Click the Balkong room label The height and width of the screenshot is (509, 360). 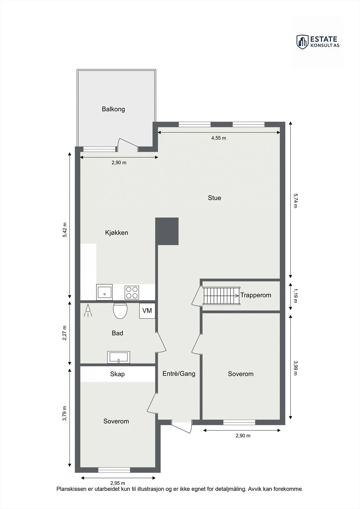pyautogui.click(x=113, y=109)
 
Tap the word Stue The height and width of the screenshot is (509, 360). pyautogui.click(x=215, y=198)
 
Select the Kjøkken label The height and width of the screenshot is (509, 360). pyautogui.click(x=116, y=233)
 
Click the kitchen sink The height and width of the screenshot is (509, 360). pyautogui.click(x=104, y=292)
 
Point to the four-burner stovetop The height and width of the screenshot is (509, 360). pyautogui.click(x=132, y=292)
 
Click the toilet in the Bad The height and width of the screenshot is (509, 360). pyautogui.click(x=120, y=310)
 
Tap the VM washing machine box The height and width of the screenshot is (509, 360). pyautogui.click(x=147, y=310)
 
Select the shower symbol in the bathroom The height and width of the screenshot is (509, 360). pyautogui.click(x=88, y=310)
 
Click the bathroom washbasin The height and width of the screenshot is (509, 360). pyautogui.click(x=119, y=357)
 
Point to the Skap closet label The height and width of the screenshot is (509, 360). pyautogui.click(x=117, y=374)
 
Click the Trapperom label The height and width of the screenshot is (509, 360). pyautogui.click(x=256, y=295)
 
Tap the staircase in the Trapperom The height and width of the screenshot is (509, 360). pyautogui.click(x=222, y=296)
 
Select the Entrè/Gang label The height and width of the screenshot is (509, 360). pyautogui.click(x=179, y=373)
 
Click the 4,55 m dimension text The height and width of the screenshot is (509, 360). pyautogui.click(x=219, y=138)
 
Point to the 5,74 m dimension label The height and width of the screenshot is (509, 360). pyautogui.click(x=295, y=201)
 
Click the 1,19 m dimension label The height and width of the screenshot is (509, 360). pyautogui.click(x=295, y=296)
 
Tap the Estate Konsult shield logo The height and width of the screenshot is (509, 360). pyautogui.click(x=302, y=42)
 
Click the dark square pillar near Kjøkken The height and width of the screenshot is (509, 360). pyautogui.click(x=167, y=231)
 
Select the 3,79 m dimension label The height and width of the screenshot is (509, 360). pyautogui.click(x=65, y=413)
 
